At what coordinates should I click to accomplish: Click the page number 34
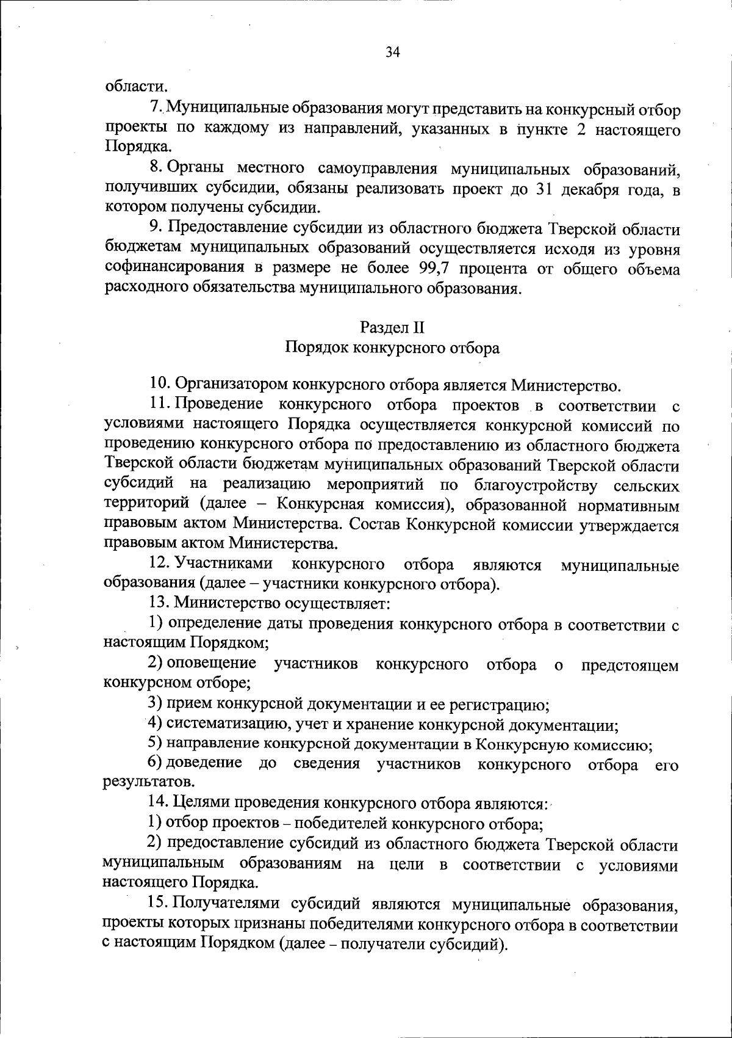[392, 53]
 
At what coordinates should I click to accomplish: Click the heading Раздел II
[392, 327]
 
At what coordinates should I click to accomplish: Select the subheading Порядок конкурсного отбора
[392, 348]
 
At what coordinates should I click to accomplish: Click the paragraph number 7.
[156, 110]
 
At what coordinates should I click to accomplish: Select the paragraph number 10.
[159, 385]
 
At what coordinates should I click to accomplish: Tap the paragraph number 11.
[159, 405]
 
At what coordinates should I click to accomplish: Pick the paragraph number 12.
[159, 565]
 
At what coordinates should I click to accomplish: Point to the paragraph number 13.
[159, 604]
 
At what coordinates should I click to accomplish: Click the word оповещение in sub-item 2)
[211, 664]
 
